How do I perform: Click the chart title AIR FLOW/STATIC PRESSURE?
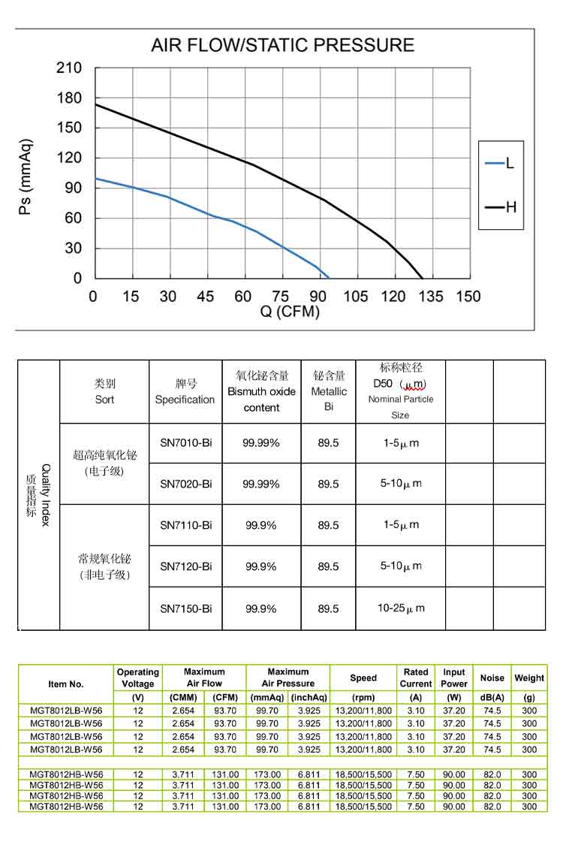tap(282, 45)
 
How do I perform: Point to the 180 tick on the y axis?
tap(69, 98)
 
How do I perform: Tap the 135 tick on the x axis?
tap(431, 297)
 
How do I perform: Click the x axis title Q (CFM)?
tap(290, 312)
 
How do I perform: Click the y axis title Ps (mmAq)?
tap(26, 177)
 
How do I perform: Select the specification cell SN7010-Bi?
tap(185, 443)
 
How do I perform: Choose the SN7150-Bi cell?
tap(185, 608)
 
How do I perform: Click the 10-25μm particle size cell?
tap(400, 608)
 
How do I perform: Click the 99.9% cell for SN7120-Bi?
tap(261, 566)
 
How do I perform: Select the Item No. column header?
tap(66, 684)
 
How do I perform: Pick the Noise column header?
tap(492, 677)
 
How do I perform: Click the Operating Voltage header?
tap(138, 677)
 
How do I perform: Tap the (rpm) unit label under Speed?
tap(363, 698)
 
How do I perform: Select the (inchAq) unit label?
tap(309, 698)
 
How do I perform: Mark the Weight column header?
tap(529, 677)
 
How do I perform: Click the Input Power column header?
tap(454, 677)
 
